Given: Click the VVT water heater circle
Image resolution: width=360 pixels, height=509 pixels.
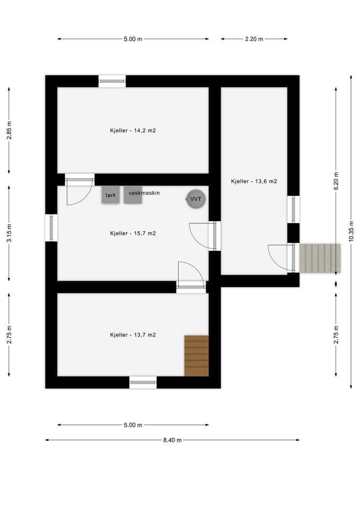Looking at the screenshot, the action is click(196, 199).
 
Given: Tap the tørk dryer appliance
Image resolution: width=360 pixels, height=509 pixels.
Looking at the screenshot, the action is click(111, 195).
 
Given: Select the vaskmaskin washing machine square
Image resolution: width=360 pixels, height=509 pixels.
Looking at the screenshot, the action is click(133, 195).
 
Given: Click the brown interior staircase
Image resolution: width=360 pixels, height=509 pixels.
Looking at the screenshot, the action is click(196, 356).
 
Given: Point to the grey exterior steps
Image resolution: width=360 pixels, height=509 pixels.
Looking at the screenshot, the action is click(320, 258).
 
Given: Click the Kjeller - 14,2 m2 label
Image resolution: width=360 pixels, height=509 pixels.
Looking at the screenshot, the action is click(133, 130).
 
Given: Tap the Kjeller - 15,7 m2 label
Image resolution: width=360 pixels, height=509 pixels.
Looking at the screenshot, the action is click(133, 233).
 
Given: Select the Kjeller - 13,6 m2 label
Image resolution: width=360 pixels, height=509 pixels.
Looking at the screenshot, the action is click(254, 181).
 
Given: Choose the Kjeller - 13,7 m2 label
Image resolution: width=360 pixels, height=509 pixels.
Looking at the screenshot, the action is click(133, 335).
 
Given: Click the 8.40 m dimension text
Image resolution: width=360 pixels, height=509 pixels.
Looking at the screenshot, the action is click(172, 440).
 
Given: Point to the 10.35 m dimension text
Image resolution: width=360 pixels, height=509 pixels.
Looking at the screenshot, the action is click(351, 231).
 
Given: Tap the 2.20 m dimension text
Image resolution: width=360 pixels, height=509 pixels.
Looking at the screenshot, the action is click(254, 39).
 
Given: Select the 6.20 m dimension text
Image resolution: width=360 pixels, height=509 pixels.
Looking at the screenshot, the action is click(336, 181).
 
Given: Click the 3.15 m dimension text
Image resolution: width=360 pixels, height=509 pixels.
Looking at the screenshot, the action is click(9, 233).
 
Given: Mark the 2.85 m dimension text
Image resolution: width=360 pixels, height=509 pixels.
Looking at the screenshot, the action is click(9, 130).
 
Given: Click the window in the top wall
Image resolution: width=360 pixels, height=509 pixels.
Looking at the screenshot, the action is click(112, 81).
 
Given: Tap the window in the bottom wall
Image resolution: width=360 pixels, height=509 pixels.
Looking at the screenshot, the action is click(143, 382).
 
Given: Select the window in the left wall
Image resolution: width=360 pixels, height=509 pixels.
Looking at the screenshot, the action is click(51, 228).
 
